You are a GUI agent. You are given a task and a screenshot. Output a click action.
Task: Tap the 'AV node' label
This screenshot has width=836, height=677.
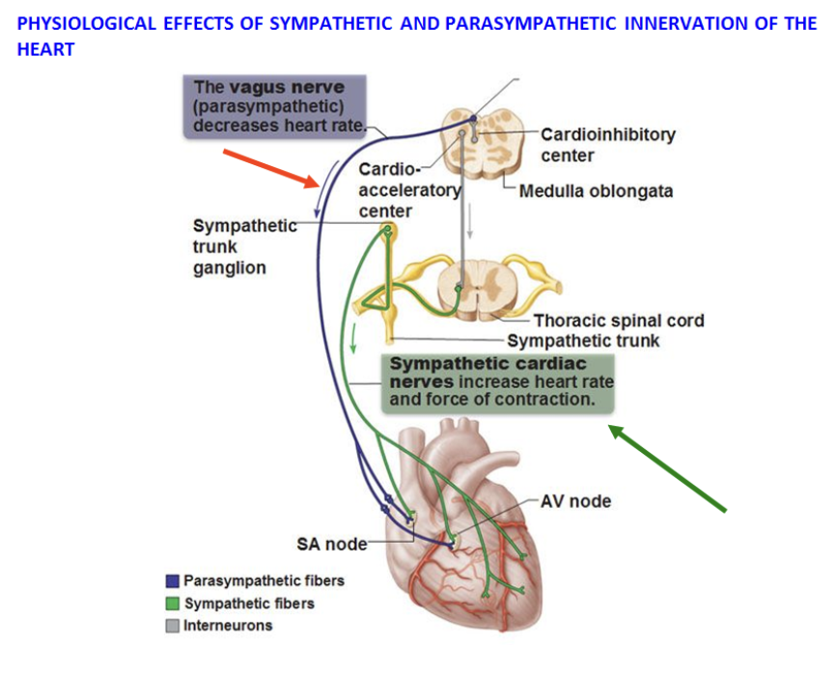click(575, 501)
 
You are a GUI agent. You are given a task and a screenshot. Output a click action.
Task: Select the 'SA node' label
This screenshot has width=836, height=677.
click(331, 545)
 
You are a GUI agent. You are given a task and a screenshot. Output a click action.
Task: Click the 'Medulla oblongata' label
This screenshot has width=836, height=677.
click(596, 191)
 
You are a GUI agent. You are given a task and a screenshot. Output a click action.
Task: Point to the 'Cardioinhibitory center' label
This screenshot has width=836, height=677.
click(607, 145)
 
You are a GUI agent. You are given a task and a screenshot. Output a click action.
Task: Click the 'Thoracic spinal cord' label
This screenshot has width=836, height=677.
click(619, 321)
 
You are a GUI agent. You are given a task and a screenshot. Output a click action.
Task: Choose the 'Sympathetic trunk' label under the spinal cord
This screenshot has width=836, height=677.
click(583, 340)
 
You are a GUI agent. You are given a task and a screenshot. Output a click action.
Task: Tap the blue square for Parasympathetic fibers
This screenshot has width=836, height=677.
click(173, 581)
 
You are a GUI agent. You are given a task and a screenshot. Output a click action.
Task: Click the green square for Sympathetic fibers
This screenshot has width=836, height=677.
click(173, 604)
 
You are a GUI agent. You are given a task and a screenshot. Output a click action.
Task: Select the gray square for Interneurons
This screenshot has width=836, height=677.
click(173, 626)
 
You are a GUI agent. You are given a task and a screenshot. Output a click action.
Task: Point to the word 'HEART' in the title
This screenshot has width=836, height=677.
click(45, 48)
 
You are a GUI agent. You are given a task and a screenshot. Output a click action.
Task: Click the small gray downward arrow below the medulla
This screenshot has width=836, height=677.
click(470, 222)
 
